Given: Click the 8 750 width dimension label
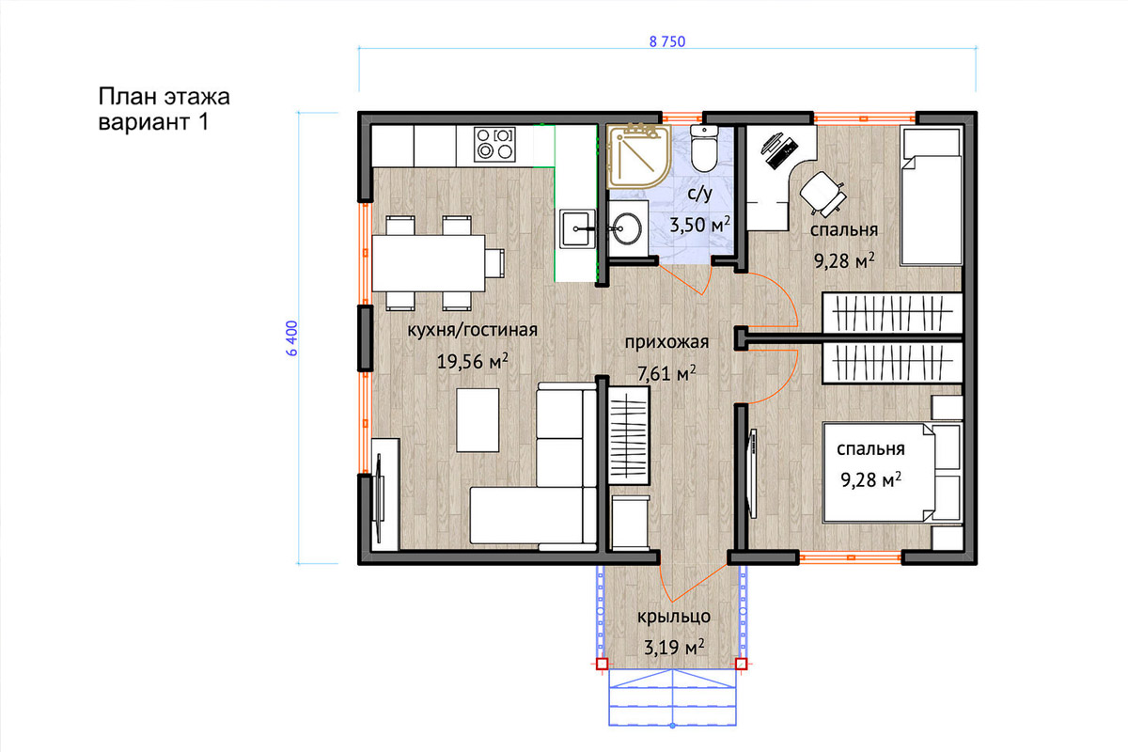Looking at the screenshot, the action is click(x=667, y=41).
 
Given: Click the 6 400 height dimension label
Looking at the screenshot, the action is click(x=292, y=338).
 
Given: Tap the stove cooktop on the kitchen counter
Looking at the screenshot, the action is click(x=494, y=145).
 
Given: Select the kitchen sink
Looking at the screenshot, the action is click(x=577, y=229).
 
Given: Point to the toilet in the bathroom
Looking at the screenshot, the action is click(x=704, y=148).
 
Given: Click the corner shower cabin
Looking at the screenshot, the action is click(x=638, y=157).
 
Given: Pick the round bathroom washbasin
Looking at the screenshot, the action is click(x=626, y=229).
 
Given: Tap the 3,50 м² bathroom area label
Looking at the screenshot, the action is click(x=699, y=225).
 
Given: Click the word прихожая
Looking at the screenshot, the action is click(x=666, y=342).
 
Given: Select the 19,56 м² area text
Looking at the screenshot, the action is click(x=472, y=361).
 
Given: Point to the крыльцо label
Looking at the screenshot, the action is click(x=674, y=617).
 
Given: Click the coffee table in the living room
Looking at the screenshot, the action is click(x=478, y=420).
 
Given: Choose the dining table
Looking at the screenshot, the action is click(x=429, y=263).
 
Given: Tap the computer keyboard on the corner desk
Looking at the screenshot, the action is click(x=782, y=152).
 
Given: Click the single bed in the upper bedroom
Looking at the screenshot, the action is click(x=932, y=196).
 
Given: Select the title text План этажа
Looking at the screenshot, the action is click(x=164, y=97).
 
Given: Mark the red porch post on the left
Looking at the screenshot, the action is click(x=602, y=664).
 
